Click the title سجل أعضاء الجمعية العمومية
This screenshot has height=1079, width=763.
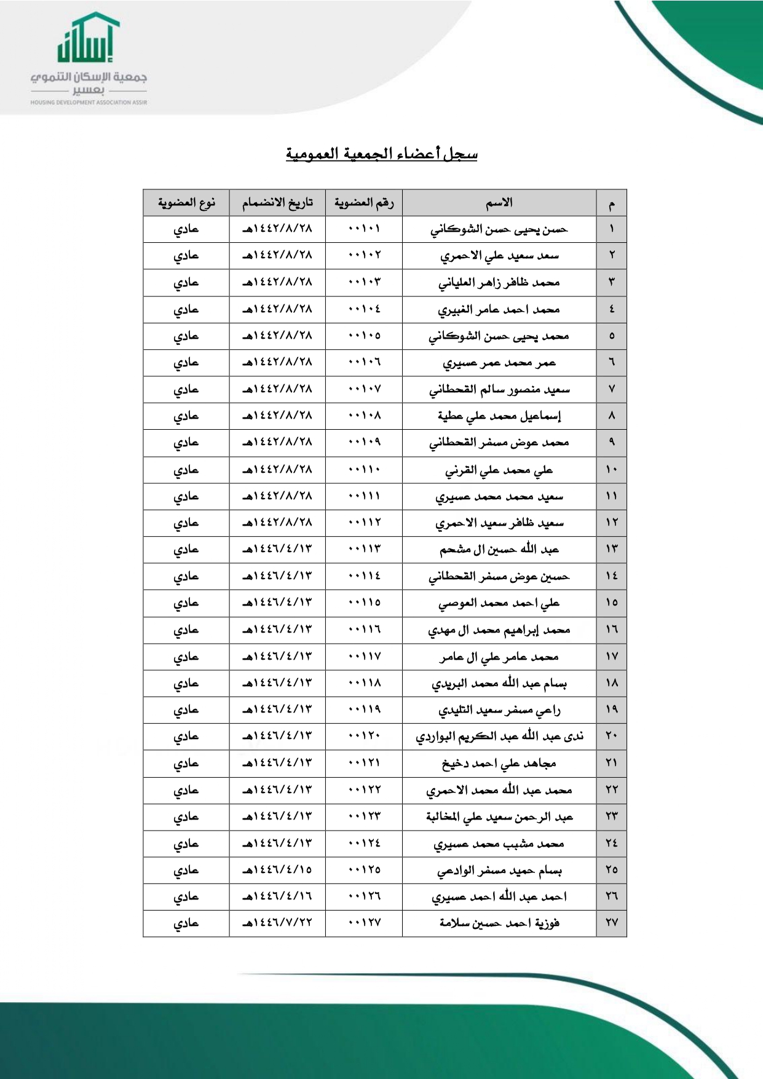click(x=381, y=153)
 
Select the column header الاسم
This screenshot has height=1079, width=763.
click(x=499, y=203)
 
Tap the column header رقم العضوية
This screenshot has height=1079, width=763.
click(x=364, y=203)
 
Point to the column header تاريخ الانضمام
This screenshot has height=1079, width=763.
click(x=277, y=203)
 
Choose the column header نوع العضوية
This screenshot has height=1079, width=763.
click(x=186, y=203)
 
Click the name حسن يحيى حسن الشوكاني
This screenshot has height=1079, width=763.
click(x=499, y=229)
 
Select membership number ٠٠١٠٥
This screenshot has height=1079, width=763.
click(x=364, y=336)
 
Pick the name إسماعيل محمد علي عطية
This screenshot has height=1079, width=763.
click(x=499, y=416)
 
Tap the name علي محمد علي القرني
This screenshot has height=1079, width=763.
click(x=499, y=470)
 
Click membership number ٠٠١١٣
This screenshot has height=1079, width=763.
click(x=364, y=549)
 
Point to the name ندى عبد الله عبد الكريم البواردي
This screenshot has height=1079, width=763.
click(x=499, y=737)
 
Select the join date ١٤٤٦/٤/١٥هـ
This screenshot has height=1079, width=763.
click(x=277, y=870)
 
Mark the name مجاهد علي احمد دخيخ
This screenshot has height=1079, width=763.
click(x=499, y=764)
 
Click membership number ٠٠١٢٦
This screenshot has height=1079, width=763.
click(x=364, y=896)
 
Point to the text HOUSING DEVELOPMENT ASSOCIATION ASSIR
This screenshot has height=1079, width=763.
click(x=89, y=103)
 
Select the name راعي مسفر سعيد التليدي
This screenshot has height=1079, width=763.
click(x=499, y=710)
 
